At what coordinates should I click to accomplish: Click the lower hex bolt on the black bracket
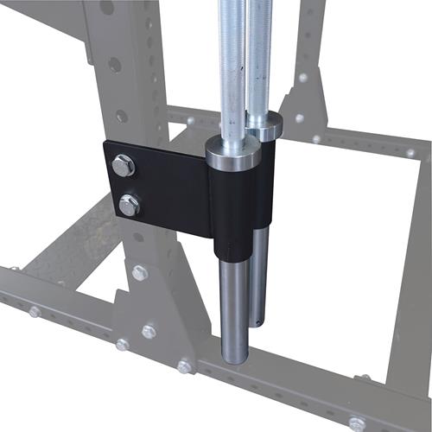[129, 205]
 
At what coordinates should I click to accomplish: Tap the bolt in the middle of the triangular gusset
[149, 331]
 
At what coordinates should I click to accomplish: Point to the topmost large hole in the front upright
[106, 8]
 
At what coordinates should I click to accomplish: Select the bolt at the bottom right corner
[356, 424]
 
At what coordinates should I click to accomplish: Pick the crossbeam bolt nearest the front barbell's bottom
[184, 366]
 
